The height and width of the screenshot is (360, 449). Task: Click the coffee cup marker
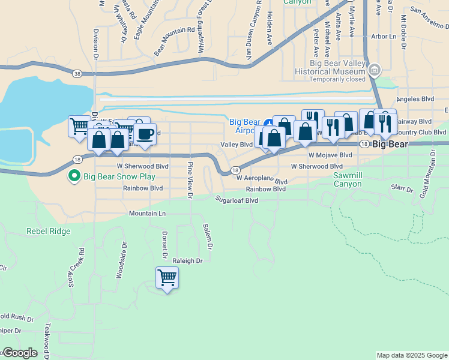(145, 133)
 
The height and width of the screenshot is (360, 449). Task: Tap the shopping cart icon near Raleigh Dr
(166, 277)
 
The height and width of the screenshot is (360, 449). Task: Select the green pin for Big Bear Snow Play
(74, 176)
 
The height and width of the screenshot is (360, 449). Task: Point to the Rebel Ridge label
(48, 231)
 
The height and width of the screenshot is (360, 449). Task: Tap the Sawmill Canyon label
(348, 179)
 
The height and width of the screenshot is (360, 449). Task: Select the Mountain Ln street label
(147, 214)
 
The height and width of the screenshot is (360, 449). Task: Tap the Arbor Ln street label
(384, 37)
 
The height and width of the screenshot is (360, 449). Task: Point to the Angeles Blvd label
(415, 100)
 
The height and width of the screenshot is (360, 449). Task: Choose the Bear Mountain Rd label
(174, 41)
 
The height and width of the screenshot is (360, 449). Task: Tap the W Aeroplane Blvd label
(262, 179)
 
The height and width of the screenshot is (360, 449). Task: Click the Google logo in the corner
(19, 353)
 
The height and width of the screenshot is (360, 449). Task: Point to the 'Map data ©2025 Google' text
(412, 355)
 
